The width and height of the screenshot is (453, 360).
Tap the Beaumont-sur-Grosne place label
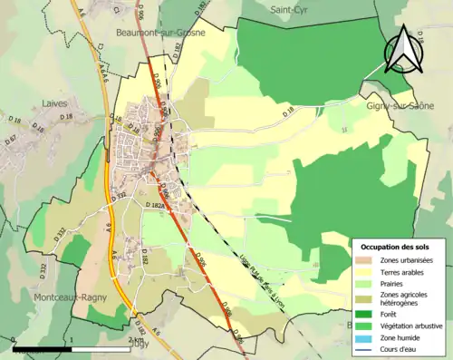pos(160,32)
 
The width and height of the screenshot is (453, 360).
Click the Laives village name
pos(56,104)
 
